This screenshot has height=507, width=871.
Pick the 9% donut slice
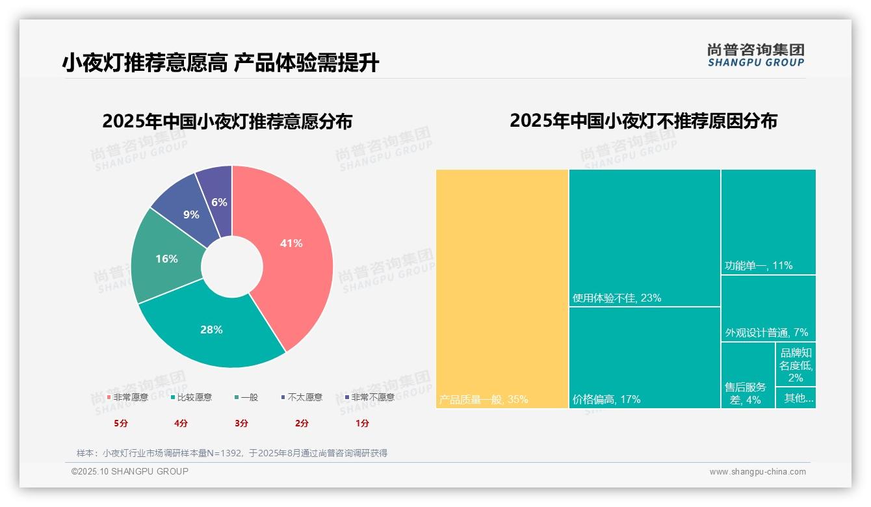pyautogui.click(x=190, y=214)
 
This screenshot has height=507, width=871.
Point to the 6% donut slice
pyautogui.click(x=219, y=202)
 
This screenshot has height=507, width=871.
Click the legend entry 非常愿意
pyautogui.click(x=128, y=397)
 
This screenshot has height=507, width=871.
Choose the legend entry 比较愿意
pyautogui.click(x=192, y=397)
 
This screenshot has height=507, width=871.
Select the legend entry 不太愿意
pyautogui.click(x=302, y=397)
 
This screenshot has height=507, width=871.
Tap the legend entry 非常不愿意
pyautogui.click(x=370, y=397)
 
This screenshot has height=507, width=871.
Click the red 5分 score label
pyautogui.click(x=121, y=423)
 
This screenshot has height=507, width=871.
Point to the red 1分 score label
pyautogui.click(x=362, y=423)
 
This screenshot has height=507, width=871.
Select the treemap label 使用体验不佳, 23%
pyautogui.click(x=617, y=298)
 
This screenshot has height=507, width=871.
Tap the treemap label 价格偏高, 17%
pyautogui.click(x=606, y=399)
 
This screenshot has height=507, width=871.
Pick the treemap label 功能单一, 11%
pyautogui.click(x=759, y=266)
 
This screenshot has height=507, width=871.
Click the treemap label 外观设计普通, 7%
pyautogui.click(x=766, y=333)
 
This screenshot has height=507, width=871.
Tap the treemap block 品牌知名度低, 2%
pyautogui.click(x=796, y=365)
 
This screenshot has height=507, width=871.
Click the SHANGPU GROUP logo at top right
pyautogui.click(x=756, y=55)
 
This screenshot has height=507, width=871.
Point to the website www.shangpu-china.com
pyautogui.click(x=757, y=472)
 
